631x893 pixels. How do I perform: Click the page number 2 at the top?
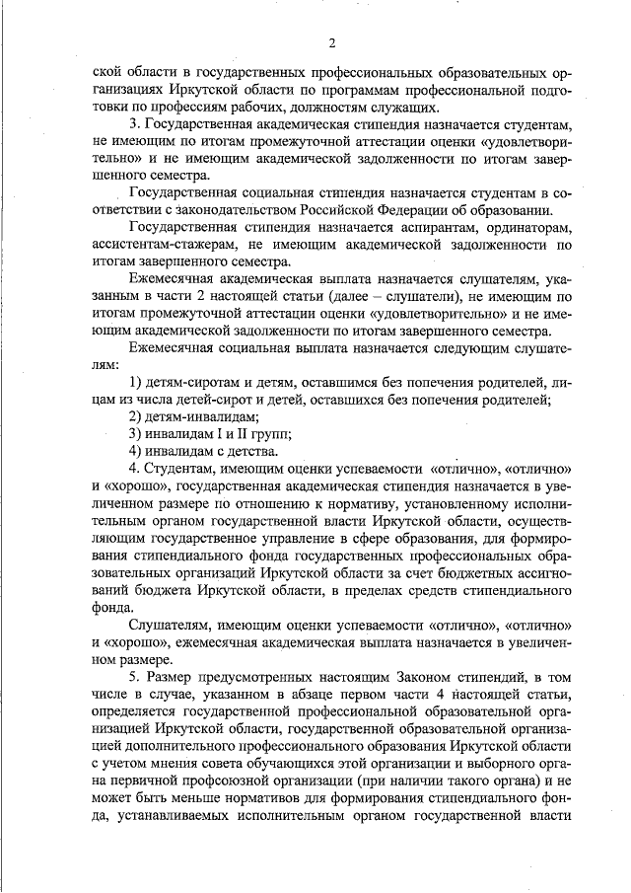331,42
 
